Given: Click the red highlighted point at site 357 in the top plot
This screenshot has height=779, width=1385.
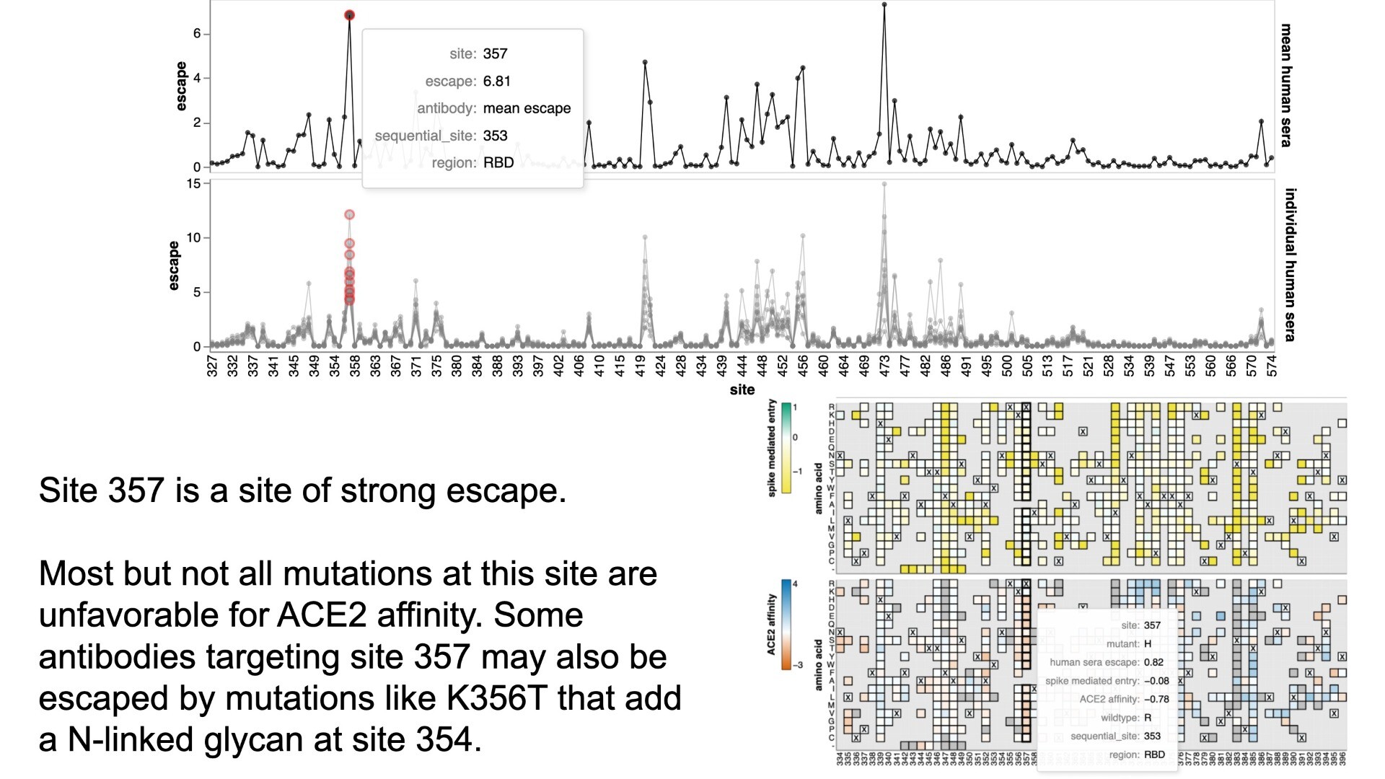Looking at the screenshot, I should pos(349,15).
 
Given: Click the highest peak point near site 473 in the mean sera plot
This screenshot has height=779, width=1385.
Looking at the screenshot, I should pos(884,5).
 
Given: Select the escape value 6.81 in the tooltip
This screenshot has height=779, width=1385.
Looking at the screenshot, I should pos(496,81).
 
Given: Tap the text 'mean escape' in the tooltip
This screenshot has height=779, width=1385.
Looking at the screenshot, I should pos(527,108).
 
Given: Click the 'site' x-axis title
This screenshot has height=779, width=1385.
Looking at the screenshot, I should pos(742,389).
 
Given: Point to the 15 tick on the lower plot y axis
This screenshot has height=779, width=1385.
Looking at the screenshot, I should pos(193,184).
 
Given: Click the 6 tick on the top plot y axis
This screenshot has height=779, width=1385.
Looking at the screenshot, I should pos(196,34).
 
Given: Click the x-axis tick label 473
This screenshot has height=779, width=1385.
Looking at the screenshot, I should pos(885,365).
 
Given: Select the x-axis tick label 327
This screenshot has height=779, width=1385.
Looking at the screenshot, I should pos(212,365).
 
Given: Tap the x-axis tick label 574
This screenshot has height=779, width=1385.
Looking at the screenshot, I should pos(1272,365).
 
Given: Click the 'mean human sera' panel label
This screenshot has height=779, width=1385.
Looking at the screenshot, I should pos(1286,85).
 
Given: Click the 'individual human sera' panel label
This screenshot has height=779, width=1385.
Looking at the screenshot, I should pos(1291,264).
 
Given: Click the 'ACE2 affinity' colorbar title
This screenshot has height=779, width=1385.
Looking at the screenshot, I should pos(771,625).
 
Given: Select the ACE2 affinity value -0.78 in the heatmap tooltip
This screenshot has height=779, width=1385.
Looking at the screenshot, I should pos(1156,699).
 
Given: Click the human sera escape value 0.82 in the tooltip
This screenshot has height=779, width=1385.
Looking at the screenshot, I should pos(1153,662).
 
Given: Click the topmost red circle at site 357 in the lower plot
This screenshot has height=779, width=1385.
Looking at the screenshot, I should pos(349,214).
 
